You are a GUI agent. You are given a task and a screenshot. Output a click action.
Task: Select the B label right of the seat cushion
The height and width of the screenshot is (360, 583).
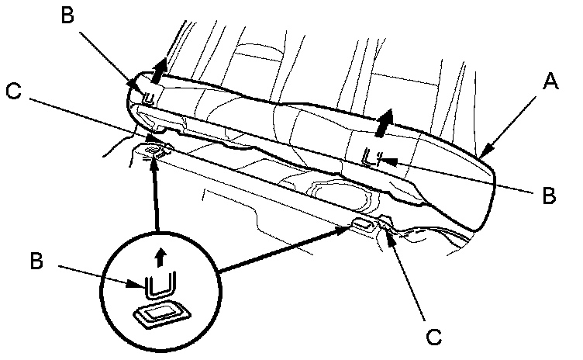548,196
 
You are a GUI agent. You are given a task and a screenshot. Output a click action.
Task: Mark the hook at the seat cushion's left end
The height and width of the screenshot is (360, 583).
150,96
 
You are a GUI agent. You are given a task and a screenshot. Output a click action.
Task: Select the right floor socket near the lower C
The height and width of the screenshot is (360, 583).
362,224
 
